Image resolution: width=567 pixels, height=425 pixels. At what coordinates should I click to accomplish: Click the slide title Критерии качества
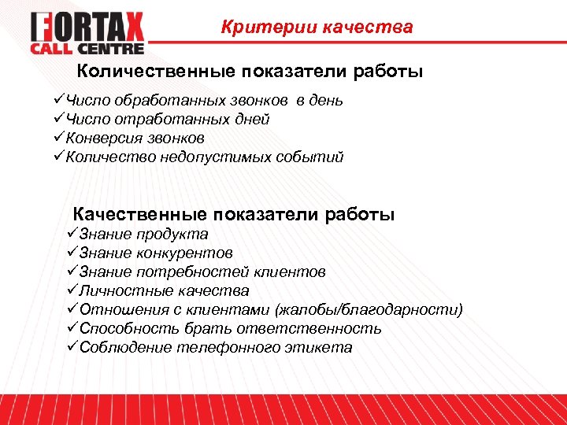tap(317, 28)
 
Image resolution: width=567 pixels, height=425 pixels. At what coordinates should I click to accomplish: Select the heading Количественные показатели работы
tap(250, 72)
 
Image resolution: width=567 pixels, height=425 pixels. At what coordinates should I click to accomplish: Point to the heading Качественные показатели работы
tap(234, 214)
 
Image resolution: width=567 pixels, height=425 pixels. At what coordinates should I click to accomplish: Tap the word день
tap(327, 101)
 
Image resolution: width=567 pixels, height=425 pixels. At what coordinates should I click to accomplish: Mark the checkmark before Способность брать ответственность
tap(72, 328)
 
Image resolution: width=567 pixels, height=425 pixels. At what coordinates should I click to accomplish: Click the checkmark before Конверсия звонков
tap(59, 139)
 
